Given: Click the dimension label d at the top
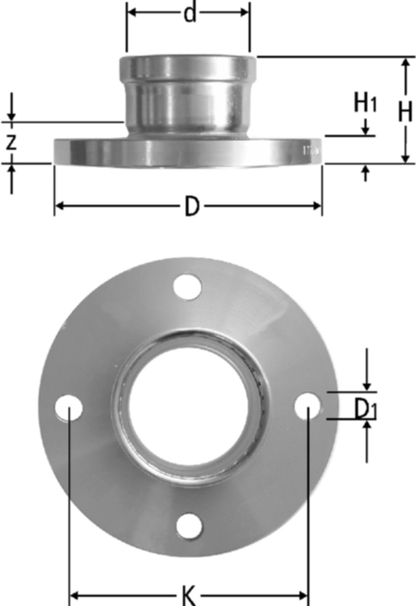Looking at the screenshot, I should tap(190, 13).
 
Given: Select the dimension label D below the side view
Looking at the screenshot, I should tap(192, 206).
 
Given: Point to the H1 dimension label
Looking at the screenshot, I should tap(365, 104).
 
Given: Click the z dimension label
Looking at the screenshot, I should tap(11, 142).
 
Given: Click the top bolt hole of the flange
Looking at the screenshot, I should tap(187, 286).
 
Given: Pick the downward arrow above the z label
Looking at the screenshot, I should tap(11, 116).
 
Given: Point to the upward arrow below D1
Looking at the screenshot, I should tap(367, 427).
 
